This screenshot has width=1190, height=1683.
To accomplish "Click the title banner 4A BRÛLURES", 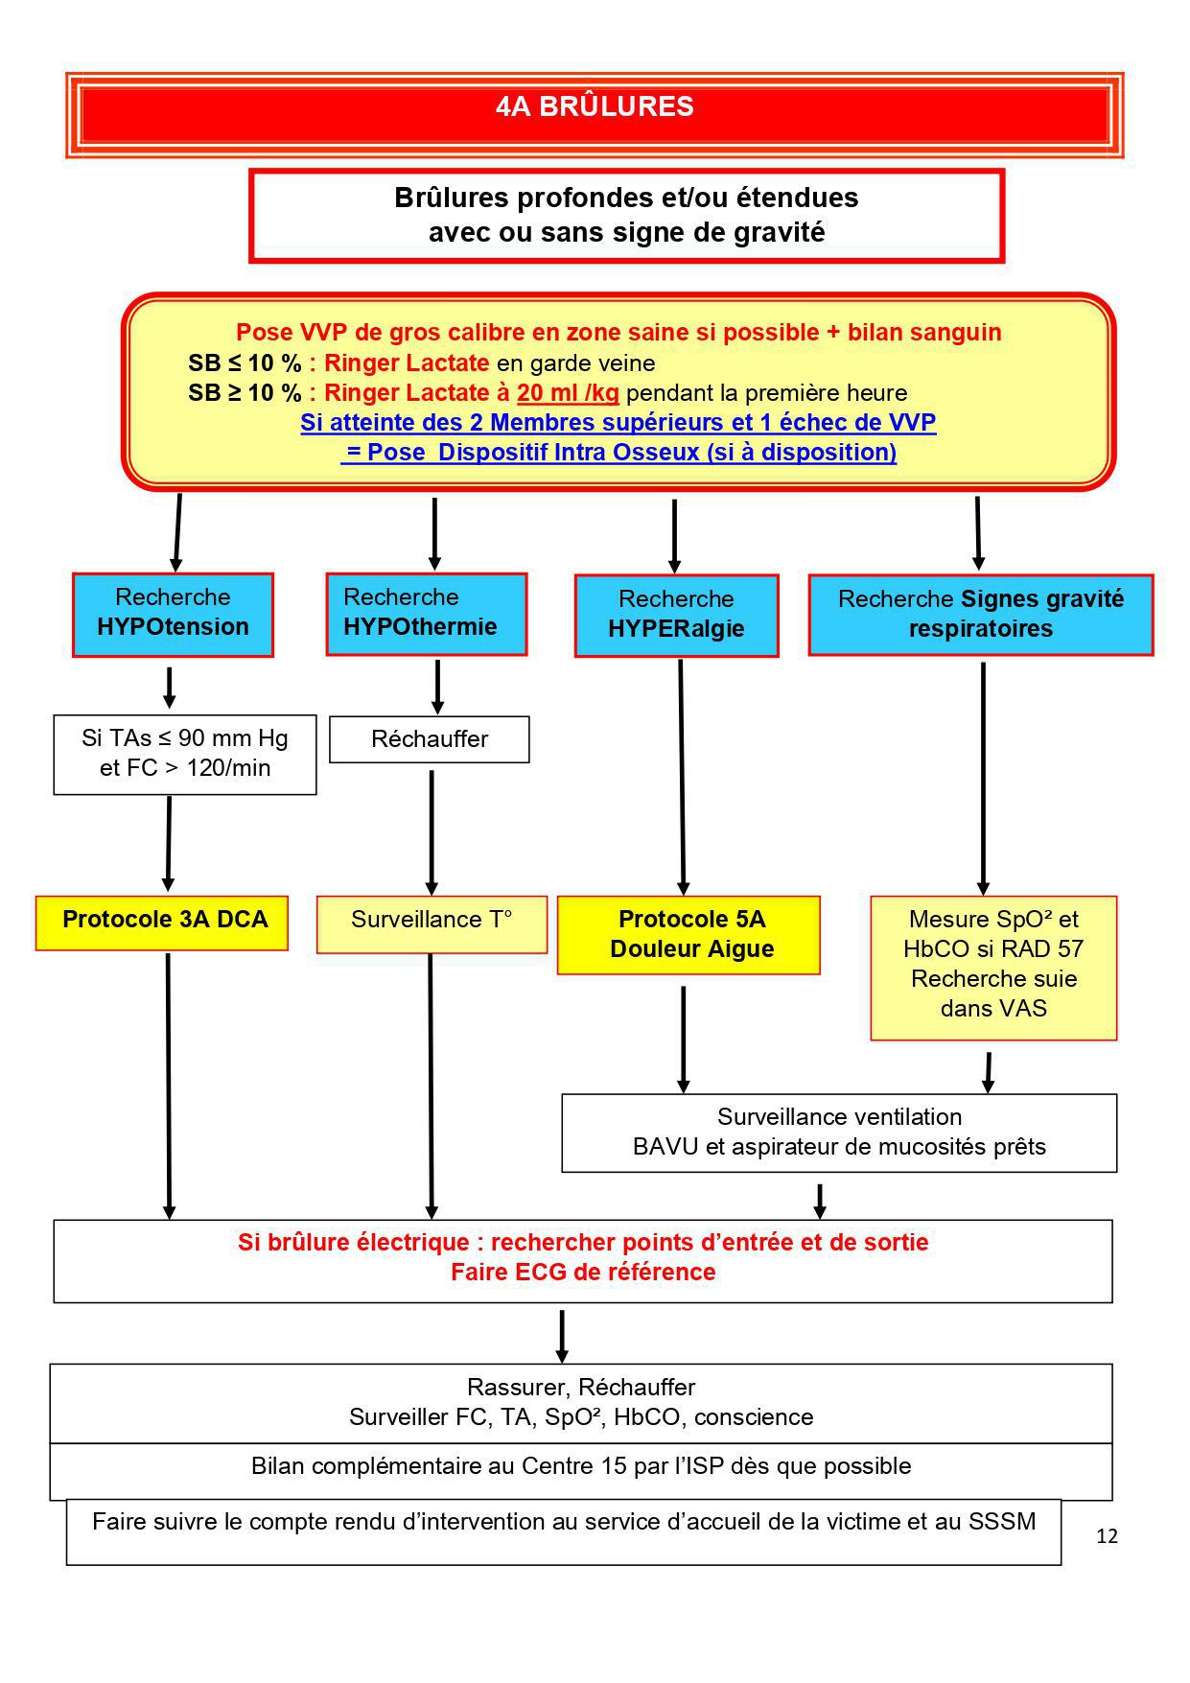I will pyautogui.click(x=595, y=106).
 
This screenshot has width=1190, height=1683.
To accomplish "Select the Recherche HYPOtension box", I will pyautogui.click(x=173, y=614).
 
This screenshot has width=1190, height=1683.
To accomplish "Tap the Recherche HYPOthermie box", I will pyautogui.click(x=426, y=614).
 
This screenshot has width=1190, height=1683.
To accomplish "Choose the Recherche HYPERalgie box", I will pyautogui.click(x=676, y=615).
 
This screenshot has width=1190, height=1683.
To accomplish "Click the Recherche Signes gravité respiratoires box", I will pyautogui.click(x=980, y=614).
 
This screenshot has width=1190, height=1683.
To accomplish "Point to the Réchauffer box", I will pyautogui.click(x=429, y=739).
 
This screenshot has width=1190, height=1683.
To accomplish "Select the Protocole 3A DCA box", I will pyautogui.click(x=162, y=922).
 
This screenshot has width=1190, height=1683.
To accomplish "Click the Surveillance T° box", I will pyautogui.click(x=432, y=923).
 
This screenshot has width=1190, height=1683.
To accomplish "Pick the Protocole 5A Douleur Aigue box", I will pyautogui.click(x=688, y=934).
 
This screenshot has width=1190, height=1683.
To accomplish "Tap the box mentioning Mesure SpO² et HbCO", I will pyautogui.click(x=993, y=967).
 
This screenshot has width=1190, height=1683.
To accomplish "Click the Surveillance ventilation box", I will pyautogui.click(x=839, y=1132).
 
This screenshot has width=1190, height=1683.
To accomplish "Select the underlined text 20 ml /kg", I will pyautogui.click(x=568, y=393).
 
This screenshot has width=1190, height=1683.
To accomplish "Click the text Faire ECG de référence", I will pyautogui.click(x=583, y=1273).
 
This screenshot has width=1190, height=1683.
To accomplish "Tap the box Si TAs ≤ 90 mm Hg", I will pyautogui.click(x=184, y=754).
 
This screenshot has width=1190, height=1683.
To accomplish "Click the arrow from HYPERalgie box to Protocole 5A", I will pyautogui.click(x=682, y=777).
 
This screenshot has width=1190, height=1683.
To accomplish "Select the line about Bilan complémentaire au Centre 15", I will pyautogui.click(x=581, y=1467).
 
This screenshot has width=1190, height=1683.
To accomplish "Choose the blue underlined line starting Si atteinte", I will pyautogui.click(x=618, y=423).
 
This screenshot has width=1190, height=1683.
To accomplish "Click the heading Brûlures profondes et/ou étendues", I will pyautogui.click(x=626, y=199).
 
